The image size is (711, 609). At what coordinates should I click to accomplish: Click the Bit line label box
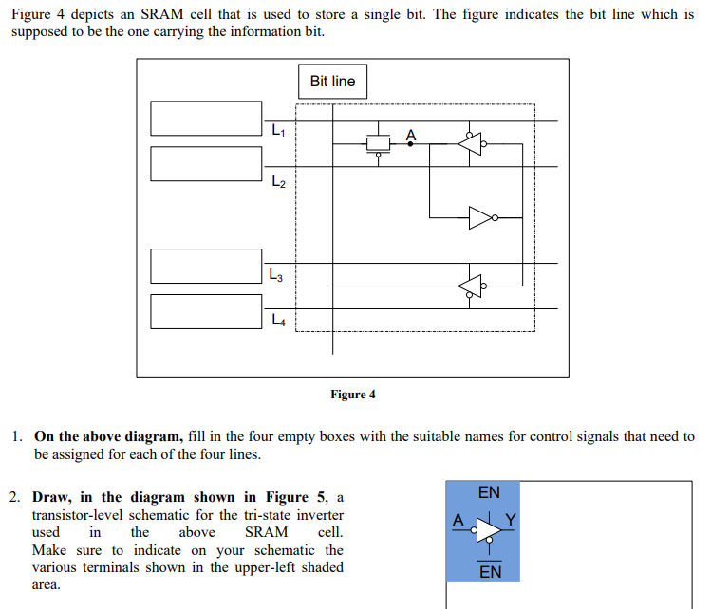(332, 82)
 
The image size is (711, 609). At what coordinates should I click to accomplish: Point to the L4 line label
(277, 321)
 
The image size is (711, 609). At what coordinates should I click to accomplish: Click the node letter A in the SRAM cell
(411, 135)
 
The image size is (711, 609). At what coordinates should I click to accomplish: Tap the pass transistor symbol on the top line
(379, 143)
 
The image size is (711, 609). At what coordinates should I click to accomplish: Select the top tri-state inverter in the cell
(471, 144)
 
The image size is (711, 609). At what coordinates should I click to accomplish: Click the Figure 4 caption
(353, 395)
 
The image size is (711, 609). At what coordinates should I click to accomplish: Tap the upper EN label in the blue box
(489, 493)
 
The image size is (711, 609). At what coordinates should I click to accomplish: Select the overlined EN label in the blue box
(491, 572)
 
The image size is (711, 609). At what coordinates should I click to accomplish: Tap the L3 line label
(277, 275)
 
